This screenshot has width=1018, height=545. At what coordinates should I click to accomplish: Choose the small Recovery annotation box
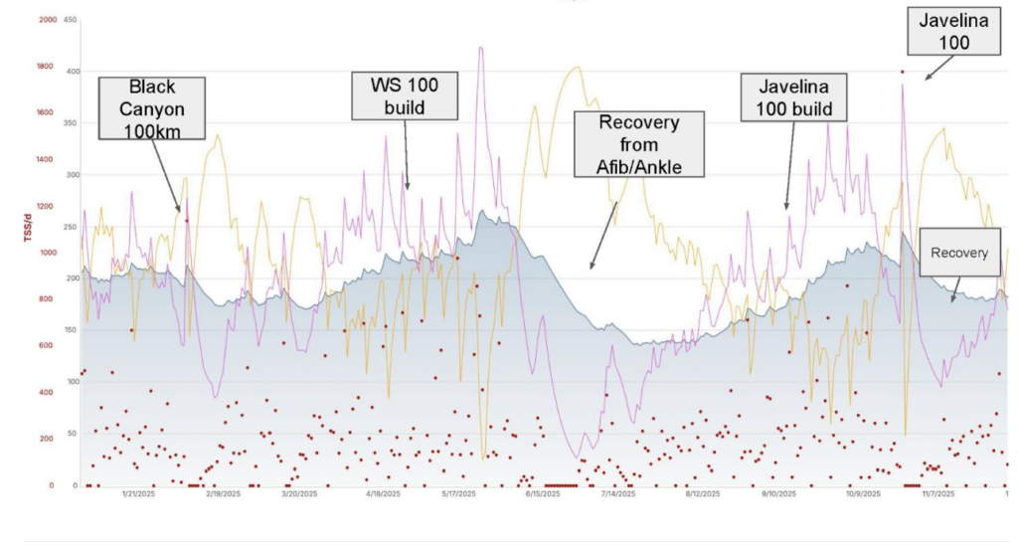point(958,254)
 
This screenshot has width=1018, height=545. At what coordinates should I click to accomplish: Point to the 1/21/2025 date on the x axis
point(138,493)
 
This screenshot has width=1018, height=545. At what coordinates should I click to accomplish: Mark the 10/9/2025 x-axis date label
point(861,493)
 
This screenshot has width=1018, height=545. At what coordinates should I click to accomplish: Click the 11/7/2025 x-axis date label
point(938,493)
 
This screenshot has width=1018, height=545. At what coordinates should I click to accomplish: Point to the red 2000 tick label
point(48,20)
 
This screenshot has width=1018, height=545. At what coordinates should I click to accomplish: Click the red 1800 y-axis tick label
point(48,67)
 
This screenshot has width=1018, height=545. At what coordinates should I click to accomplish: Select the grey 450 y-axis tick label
point(70,20)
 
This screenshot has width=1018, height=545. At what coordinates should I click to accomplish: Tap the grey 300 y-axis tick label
point(70,175)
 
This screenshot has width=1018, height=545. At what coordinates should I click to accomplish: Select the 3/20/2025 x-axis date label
point(299,493)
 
